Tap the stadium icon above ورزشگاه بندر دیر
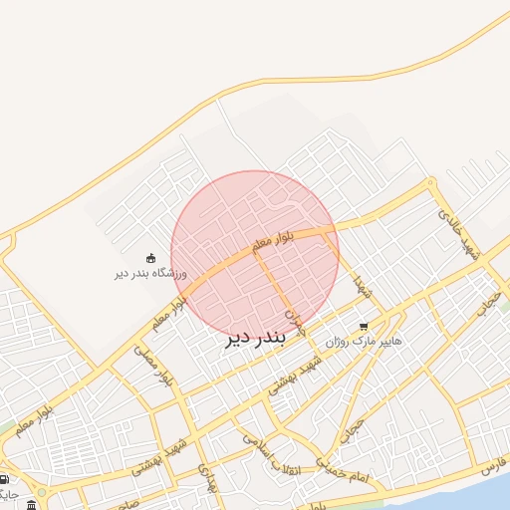(x=150, y=259)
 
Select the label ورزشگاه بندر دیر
(x=149, y=273)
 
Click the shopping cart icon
(x=364, y=326)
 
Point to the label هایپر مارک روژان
(x=364, y=341)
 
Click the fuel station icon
(x=5, y=478)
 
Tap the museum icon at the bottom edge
(x=32, y=503)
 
